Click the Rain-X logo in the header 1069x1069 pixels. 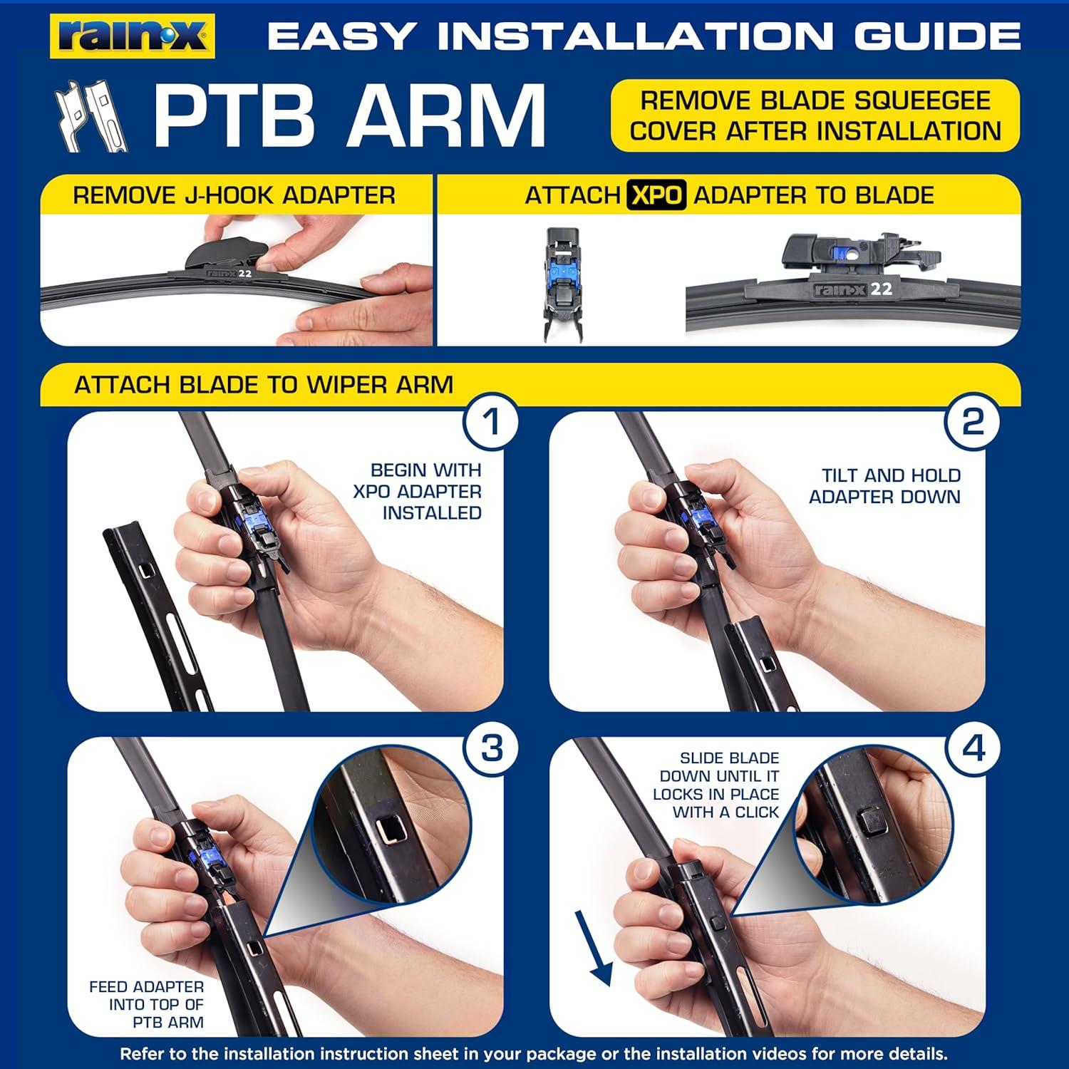tap(133, 36)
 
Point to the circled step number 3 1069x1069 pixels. tap(491, 749)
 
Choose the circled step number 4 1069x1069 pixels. tap(973, 749)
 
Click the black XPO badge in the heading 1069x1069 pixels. tap(656, 195)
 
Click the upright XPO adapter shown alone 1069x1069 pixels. tap(563, 283)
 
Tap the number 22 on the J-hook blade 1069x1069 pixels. tap(244, 272)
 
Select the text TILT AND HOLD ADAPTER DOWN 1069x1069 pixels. tap(885, 486)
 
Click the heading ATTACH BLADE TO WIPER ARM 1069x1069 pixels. tap(264, 385)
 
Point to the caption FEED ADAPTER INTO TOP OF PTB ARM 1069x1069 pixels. tap(147, 1005)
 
